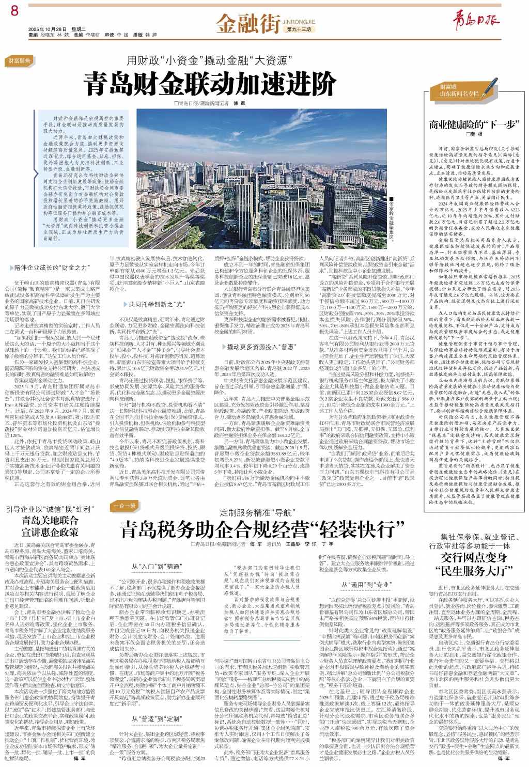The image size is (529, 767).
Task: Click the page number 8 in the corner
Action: [x=14, y=10]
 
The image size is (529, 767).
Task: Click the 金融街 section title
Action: [x=248, y=23]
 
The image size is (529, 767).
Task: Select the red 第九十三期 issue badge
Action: [x=299, y=29]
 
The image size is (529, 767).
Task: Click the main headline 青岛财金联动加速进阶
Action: [x=210, y=84]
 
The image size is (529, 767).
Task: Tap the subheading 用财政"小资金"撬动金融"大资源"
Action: [x=207, y=60]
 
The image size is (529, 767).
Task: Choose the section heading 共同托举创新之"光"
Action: [x=156, y=304]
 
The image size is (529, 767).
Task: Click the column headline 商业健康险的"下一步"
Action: [x=474, y=124]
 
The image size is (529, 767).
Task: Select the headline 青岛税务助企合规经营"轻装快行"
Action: [x=262, y=529]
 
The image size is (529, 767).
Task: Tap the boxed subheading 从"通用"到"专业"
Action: [x=366, y=585]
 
